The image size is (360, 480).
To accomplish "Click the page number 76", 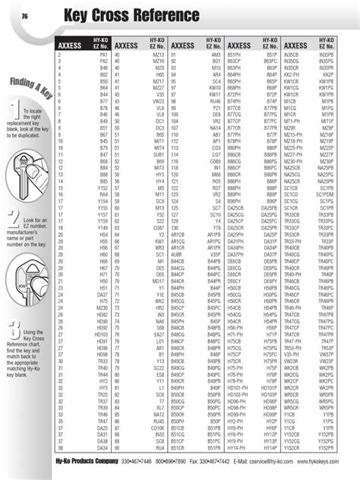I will pos(25,16).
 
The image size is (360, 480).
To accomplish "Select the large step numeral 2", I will pos(14,220).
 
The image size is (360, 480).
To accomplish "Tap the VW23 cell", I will pos(158,100).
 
